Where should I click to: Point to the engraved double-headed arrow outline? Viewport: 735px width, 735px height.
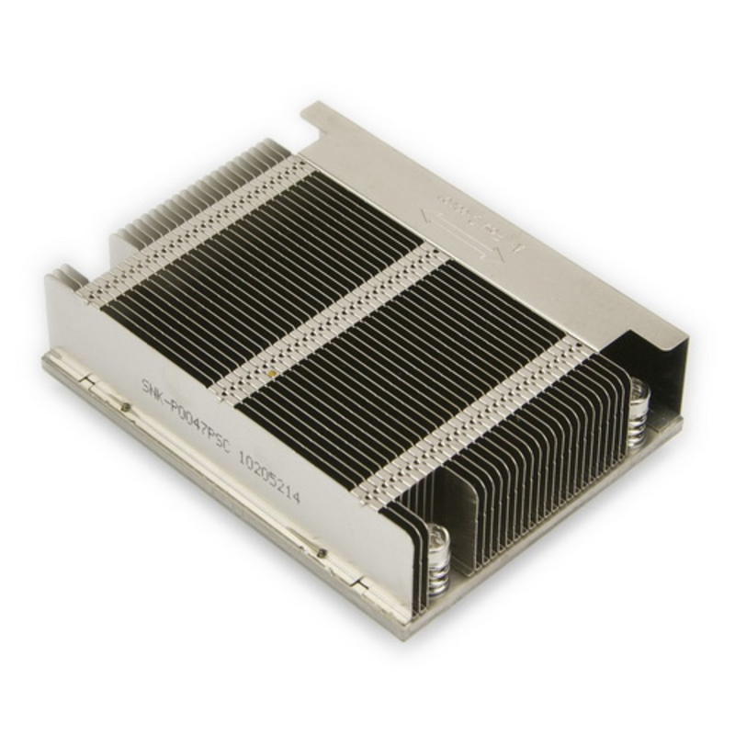pyautogui.click(x=469, y=230)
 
